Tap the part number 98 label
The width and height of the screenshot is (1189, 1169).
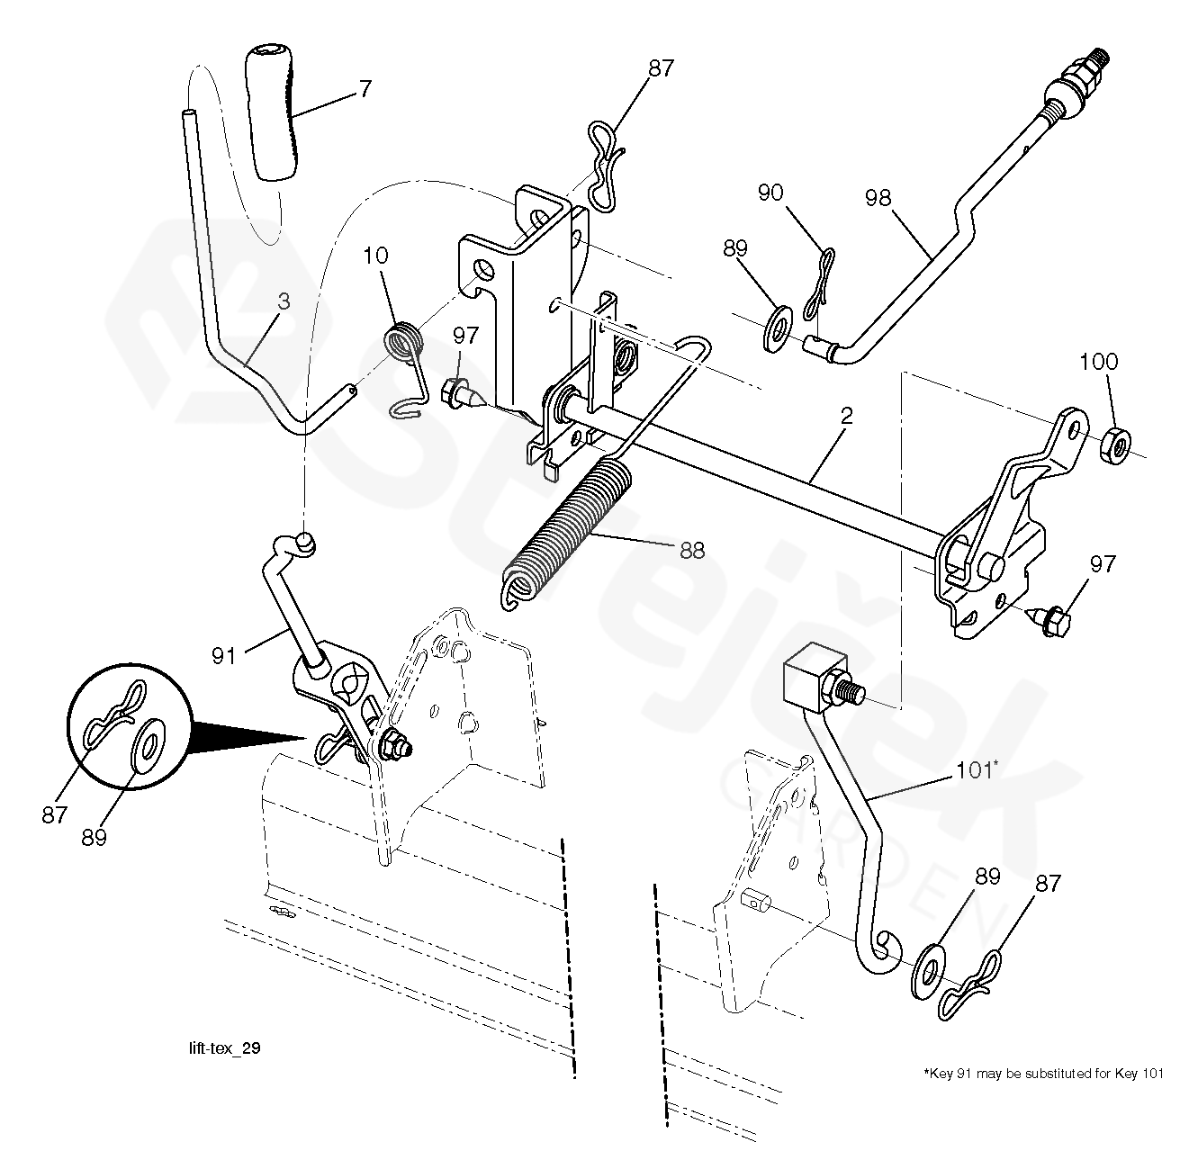tap(878, 197)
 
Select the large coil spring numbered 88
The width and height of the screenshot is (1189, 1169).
tap(563, 529)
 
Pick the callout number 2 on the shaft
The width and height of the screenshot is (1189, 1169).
tap(846, 417)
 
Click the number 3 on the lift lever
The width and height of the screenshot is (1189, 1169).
tap(284, 302)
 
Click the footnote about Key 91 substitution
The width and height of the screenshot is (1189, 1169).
tap(1043, 1073)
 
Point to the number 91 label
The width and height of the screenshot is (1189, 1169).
tap(224, 656)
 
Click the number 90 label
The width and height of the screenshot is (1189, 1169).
tap(770, 193)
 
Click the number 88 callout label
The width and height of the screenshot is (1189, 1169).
tap(691, 551)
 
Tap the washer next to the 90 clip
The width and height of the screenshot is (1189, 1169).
tap(777, 328)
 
